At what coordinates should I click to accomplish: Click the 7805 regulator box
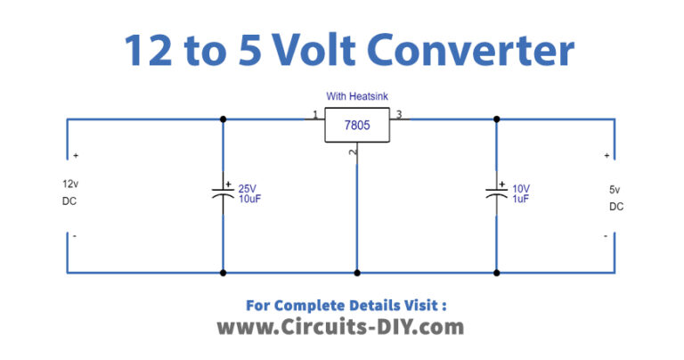(x=356, y=127)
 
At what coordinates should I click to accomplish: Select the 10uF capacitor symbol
(x=223, y=193)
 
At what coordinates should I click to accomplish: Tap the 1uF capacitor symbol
(x=496, y=193)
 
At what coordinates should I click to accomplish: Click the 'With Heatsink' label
(x=356, y=97)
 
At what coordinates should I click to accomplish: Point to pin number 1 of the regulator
(x=314, y=115)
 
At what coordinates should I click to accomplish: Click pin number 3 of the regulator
(x=399, y=115)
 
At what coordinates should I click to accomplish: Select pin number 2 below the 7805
(x=355, y=154)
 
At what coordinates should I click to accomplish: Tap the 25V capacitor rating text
(x=247, y=188)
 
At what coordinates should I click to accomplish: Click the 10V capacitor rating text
(x=521, y=188)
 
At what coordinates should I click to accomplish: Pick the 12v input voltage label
(x=70, y=183)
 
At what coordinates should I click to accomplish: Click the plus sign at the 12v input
(x=76, y=156)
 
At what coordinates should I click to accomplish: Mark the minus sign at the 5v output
(x=606, y=236)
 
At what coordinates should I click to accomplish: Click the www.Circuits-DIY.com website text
(x=340, y=327)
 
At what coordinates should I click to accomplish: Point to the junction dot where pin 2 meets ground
(x=357, y=273)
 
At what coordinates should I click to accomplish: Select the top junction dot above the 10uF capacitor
(x=223, y=119)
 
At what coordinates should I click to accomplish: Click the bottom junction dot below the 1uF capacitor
(x=496, y=273)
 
